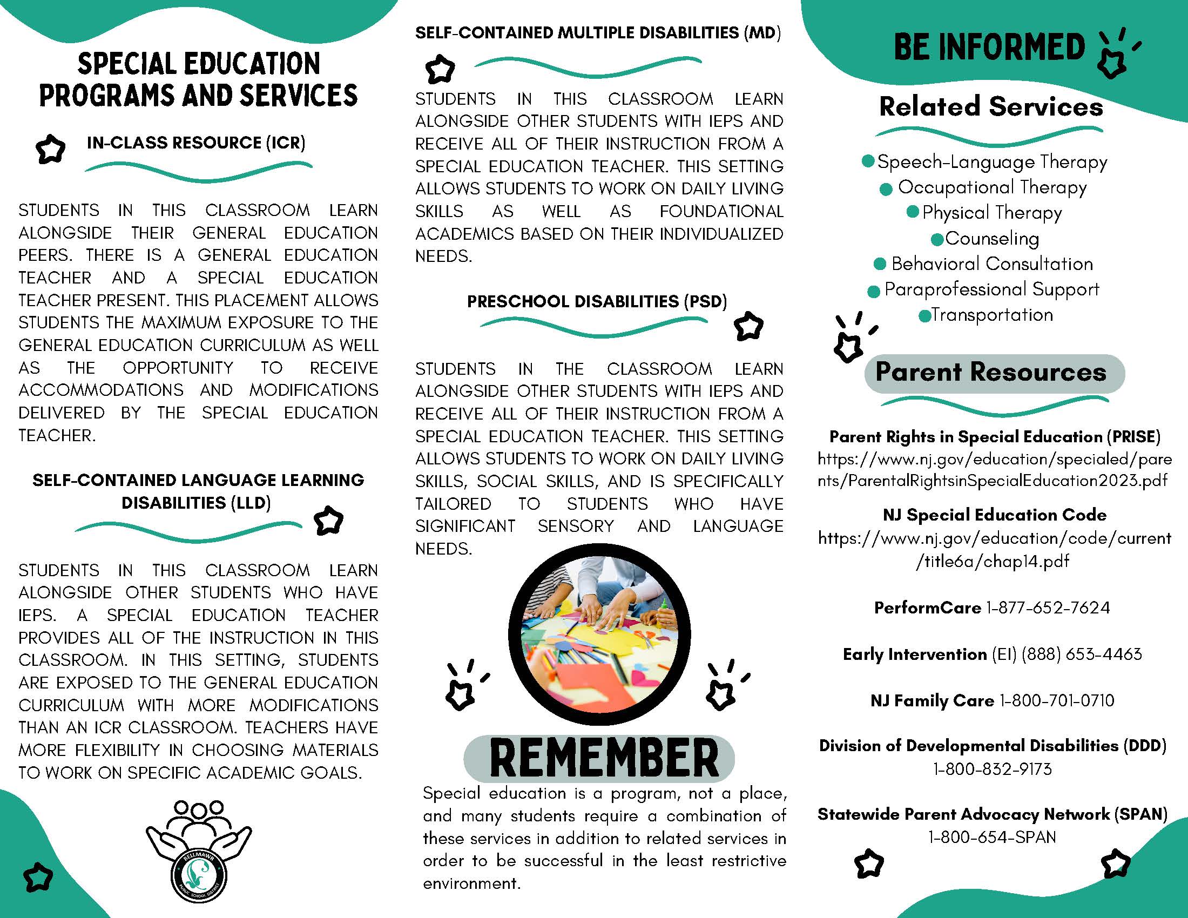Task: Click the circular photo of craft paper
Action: pos(599,634)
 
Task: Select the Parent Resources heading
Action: pos(990,373)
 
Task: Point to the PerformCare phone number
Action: pos(1048,607)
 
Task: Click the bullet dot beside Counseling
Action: pos(937,239)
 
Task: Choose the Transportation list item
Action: pos(991,315)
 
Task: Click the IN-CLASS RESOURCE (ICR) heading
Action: pos(196,143)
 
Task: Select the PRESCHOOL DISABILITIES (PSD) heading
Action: pos(597,301)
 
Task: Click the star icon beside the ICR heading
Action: pos(50,148)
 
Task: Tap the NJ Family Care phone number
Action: pos(1056,700)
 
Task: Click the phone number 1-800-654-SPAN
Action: pos(992,837)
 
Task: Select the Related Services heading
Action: pos(991,106)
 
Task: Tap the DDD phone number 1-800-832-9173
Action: pos(992,769)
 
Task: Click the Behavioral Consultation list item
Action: pos(991,264)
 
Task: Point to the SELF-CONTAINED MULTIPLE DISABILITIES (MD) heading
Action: pos(598,32)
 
